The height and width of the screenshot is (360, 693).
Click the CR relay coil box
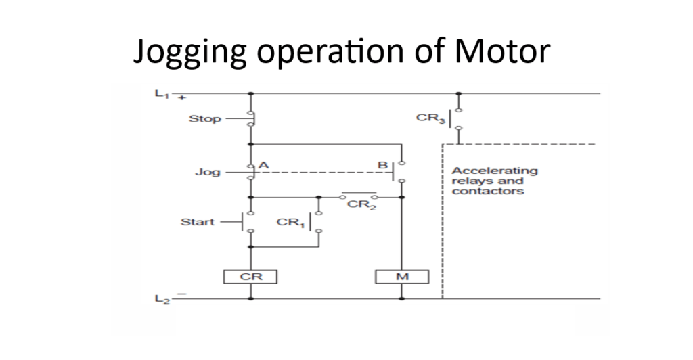click(250, 277)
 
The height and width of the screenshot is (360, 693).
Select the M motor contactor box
click(401, 277)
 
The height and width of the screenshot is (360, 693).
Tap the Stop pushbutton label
click(204, 119)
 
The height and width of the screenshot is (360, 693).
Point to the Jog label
click(207, 172)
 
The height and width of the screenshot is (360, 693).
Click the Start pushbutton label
click(198, 222)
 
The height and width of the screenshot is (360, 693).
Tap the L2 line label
click(162, 300)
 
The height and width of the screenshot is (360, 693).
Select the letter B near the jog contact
click(382, 164)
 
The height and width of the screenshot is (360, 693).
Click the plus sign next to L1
click(181, 97)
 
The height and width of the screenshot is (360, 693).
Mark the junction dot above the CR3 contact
click(459, 93)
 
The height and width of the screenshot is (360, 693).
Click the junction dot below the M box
click(401, 298)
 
